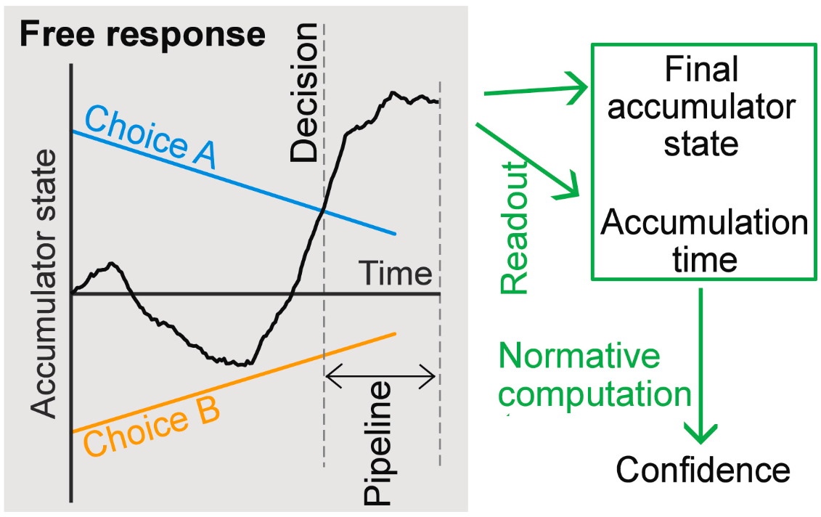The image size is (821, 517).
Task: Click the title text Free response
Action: [x=142, y=34]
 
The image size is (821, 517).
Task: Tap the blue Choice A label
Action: [x=151, y=137]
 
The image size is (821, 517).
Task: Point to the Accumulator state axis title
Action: [x=45, y=284]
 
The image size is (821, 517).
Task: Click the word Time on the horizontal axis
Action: [x=397, y=274]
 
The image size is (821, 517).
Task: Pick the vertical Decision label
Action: [x=303, y=92]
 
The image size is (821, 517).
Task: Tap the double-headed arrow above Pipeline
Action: [x=381, y=376]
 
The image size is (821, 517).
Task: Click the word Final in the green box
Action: [x=701, y=70]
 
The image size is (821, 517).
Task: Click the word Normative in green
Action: [x=579, y=357]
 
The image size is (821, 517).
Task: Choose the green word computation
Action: [x=595, y=394]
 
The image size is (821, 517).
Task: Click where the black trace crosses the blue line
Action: [x=322, y=210]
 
